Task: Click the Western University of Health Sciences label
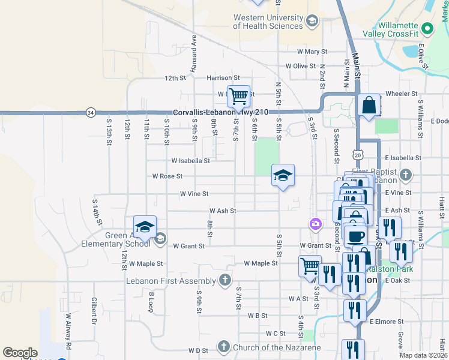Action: (x=268, y=22)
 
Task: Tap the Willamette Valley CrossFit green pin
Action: (x=427, y=28)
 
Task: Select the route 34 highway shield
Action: (x=90, y=112)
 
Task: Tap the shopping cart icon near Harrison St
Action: (x=238, y=95)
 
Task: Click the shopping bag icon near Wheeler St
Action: (x=369, y=104)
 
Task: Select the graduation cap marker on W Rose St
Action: (x=283, y=175)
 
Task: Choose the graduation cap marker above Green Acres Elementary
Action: (x=145, y=226)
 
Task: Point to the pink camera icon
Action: (x=315, y=224)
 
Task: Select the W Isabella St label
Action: (x=190, y=161)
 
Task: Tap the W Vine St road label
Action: (x=194, y=194)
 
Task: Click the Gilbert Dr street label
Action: (x=94, y=307)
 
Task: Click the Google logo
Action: (x=20, y=353)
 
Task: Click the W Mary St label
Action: (x=307, y=52)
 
